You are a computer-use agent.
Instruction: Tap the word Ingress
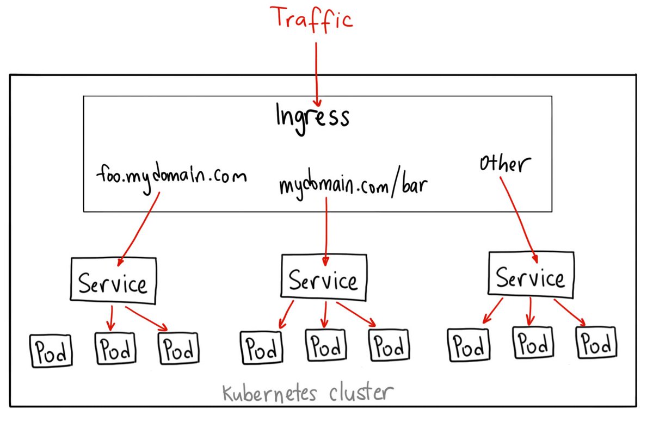click(312, 116)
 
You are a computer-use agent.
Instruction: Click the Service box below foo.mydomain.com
click(113, 282)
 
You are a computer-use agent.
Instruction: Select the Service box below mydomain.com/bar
click(324, 280)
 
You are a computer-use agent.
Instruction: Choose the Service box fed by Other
click(531, 277)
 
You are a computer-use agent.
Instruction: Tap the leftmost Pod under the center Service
click(261, 346)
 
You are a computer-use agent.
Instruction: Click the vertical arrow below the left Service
click(112, 318)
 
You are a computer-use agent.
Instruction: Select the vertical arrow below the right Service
click(529, 313)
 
